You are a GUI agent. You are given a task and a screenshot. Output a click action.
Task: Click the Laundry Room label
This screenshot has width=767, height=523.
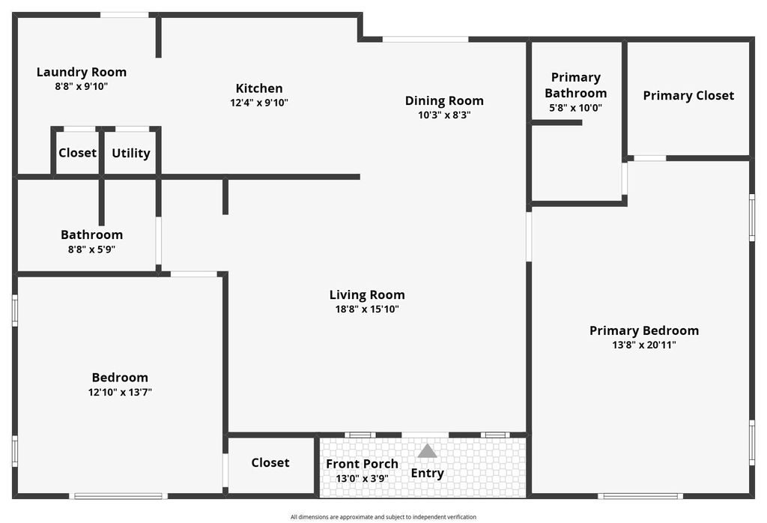(82, 72)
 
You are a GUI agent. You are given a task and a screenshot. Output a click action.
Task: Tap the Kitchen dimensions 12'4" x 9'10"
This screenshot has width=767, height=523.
(259, 103)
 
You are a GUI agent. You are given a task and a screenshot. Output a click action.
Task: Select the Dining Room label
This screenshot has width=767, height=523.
(444, 101)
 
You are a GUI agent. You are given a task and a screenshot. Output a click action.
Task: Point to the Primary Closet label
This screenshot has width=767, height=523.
(689, 96)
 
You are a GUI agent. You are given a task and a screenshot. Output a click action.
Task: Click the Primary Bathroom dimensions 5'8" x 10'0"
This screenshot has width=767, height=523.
(576, 108)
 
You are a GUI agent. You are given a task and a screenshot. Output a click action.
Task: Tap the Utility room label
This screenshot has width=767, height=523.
(131, 153)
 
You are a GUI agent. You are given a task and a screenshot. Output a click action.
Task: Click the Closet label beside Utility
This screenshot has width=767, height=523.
(77, 153)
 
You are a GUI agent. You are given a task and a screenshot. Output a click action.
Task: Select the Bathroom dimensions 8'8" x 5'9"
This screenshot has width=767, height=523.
(92, 250)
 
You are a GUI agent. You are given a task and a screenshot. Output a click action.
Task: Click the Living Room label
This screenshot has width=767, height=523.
(367, 295)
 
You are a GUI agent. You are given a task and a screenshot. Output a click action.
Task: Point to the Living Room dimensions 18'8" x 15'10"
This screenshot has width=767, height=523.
(367, 309)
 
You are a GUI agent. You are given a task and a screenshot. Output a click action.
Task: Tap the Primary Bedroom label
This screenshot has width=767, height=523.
(644, 330)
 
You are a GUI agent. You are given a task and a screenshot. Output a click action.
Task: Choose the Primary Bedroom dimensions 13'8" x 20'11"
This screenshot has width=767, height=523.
(644, 345)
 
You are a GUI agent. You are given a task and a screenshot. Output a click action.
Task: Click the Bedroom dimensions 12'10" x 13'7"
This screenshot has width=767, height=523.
(121, 393)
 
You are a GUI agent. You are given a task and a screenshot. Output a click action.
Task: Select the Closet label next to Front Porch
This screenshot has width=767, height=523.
(270, 463)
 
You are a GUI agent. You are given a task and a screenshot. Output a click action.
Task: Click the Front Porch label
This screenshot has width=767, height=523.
(362, 464)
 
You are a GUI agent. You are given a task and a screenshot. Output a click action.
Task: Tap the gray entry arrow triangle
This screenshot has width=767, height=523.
(427, 452)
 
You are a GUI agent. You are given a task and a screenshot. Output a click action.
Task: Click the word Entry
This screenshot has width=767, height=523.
(428, 473)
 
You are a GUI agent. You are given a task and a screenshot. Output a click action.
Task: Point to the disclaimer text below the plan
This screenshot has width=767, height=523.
(383, 517)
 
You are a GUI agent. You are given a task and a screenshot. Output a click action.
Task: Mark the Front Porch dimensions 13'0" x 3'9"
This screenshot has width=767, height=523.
(362, 479)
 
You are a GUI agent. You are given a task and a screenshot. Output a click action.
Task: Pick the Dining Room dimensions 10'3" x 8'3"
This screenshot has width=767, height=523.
(444, 115)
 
